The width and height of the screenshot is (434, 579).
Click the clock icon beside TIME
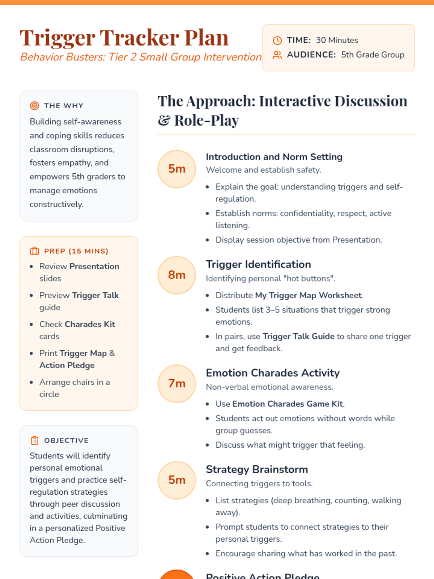point(277,40)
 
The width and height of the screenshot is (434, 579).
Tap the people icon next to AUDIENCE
point(277,55)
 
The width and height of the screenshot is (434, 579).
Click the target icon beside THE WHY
point(34,106)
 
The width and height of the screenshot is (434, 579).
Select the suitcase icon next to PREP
point(34,251)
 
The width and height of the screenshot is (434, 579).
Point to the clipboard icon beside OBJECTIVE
point(34,440)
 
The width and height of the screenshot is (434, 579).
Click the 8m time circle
point(176,275)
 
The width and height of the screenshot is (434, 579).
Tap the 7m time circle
point(176,384)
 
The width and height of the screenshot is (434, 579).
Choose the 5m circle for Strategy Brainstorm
point(176,480)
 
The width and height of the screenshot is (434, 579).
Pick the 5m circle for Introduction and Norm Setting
point(176,169)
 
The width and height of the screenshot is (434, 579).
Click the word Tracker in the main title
point(139,38)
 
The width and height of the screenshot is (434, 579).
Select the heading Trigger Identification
point(258,265)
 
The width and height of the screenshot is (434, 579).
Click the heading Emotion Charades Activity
point(273,373)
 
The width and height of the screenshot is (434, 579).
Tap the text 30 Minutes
point(337,40)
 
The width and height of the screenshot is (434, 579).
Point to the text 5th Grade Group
point(373,55)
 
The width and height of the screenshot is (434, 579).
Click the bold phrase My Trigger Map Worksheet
point(308,295)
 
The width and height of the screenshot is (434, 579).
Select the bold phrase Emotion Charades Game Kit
point(288,404)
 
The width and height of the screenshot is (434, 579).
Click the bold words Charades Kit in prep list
point(90,324)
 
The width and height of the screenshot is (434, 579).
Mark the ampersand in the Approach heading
point(164,121)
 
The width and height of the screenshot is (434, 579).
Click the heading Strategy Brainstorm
point(257,469)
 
